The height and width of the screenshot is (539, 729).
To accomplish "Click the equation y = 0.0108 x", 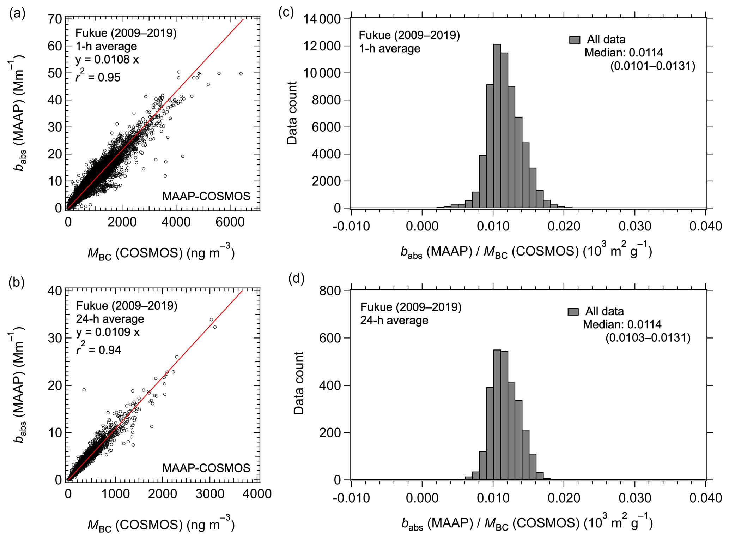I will (107, 60).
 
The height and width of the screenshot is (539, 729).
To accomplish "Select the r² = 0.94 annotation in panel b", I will (98, 349).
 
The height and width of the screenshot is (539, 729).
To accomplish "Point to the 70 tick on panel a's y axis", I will (55, 19).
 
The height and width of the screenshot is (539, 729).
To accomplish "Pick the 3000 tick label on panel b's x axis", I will (210, 493).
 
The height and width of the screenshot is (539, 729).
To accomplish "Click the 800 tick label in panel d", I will (330, 291).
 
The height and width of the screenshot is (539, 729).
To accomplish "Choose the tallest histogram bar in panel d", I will (497, 415).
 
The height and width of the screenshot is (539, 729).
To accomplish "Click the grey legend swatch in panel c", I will (575, 40).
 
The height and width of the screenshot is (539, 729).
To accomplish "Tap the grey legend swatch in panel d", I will (573, 311).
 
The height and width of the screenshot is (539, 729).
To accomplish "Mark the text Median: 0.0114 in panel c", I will (624, 53).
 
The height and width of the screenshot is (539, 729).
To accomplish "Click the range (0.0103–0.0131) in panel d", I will (648, 338).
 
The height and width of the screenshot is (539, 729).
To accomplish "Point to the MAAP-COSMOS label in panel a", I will (206, 196).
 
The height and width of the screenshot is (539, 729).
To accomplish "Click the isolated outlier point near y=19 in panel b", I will (84, 390).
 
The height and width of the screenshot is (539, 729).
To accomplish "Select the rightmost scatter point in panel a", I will (241, 74).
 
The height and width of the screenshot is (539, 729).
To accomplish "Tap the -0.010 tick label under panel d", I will (351, 498).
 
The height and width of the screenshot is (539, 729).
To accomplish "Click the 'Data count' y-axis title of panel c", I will (292, 113).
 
